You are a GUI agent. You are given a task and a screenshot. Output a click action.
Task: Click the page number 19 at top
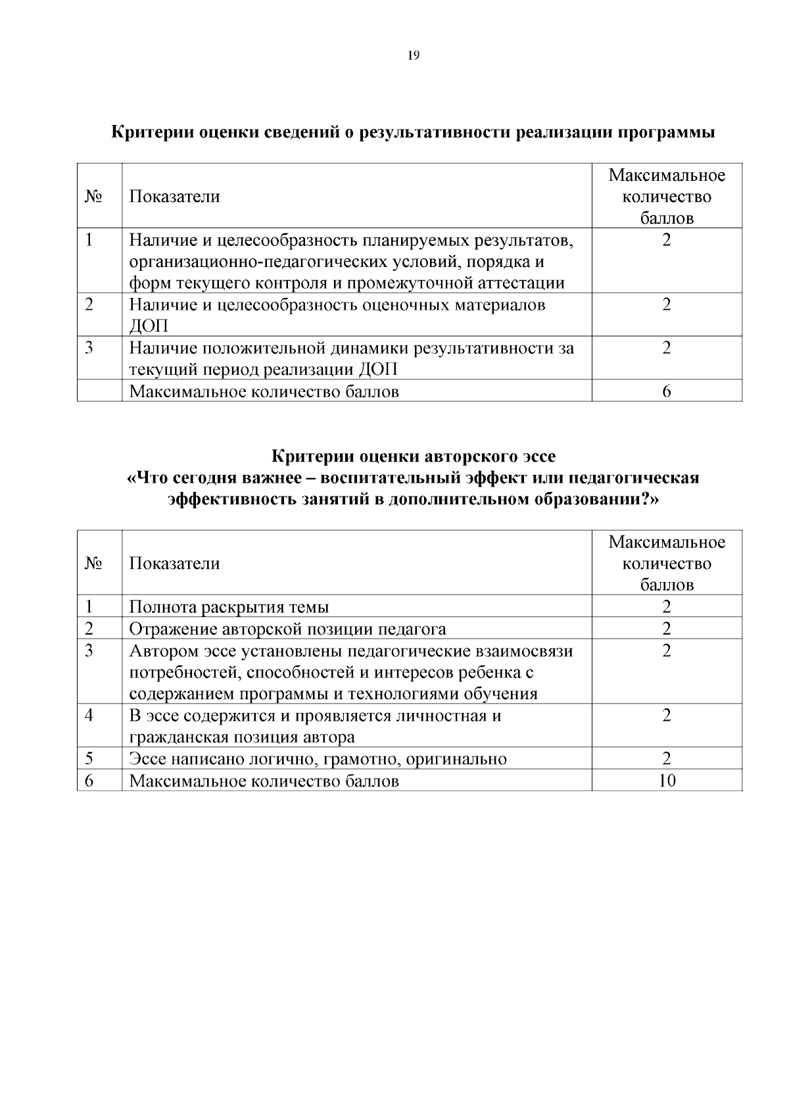(x=413, y=56)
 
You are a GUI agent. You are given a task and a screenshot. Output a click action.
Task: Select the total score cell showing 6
(x=667, y=391)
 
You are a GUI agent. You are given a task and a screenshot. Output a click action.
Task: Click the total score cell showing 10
(x=667, y=781)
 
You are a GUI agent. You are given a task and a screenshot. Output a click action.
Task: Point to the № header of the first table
(x=93, y=197)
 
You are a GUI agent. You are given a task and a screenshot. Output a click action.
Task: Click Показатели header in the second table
(x=174, y=564)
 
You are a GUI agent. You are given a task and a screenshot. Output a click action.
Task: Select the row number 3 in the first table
(x=89, y=348)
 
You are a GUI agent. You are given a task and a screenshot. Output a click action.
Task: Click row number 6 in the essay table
(x=89, y=781)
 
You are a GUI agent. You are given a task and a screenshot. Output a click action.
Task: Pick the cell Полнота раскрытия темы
(x=229, y=607)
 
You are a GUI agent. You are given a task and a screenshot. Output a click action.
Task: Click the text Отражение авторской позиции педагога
(x=287, y=629)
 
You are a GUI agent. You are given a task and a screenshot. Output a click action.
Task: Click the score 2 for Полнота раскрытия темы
(x=667, y=607)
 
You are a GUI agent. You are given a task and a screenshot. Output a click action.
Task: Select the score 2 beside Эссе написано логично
(x=667, y=759)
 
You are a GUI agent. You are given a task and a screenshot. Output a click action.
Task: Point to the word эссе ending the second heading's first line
(x=537, y=456)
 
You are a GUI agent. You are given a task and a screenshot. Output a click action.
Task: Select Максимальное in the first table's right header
(x=667, y=176)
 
